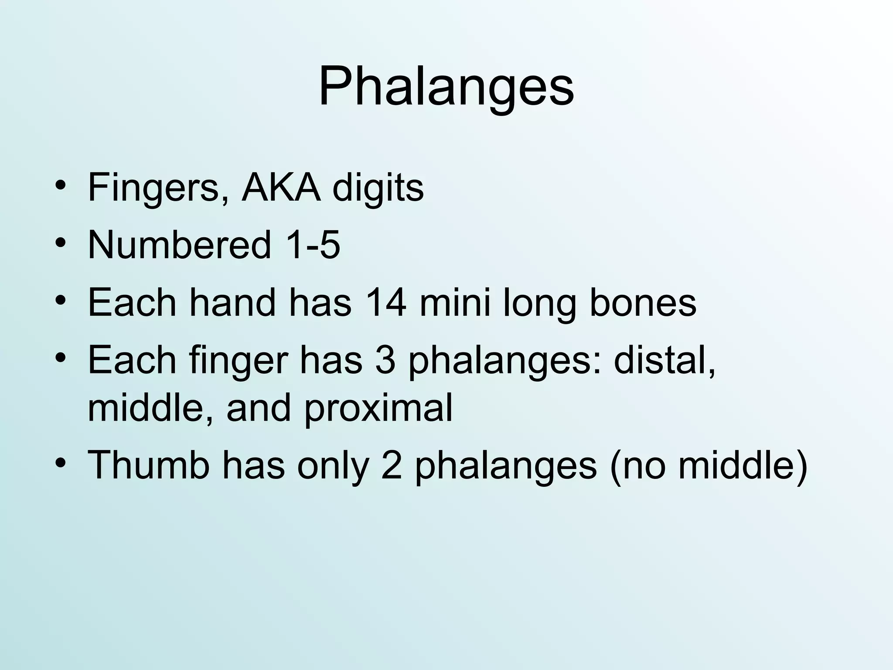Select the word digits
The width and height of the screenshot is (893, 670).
(378, 188)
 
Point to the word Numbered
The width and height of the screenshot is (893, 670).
(179, 245)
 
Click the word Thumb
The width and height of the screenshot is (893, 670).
(148, 465)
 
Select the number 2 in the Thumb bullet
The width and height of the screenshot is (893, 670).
(391, 465)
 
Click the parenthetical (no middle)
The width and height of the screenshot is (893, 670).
(709, 465)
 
